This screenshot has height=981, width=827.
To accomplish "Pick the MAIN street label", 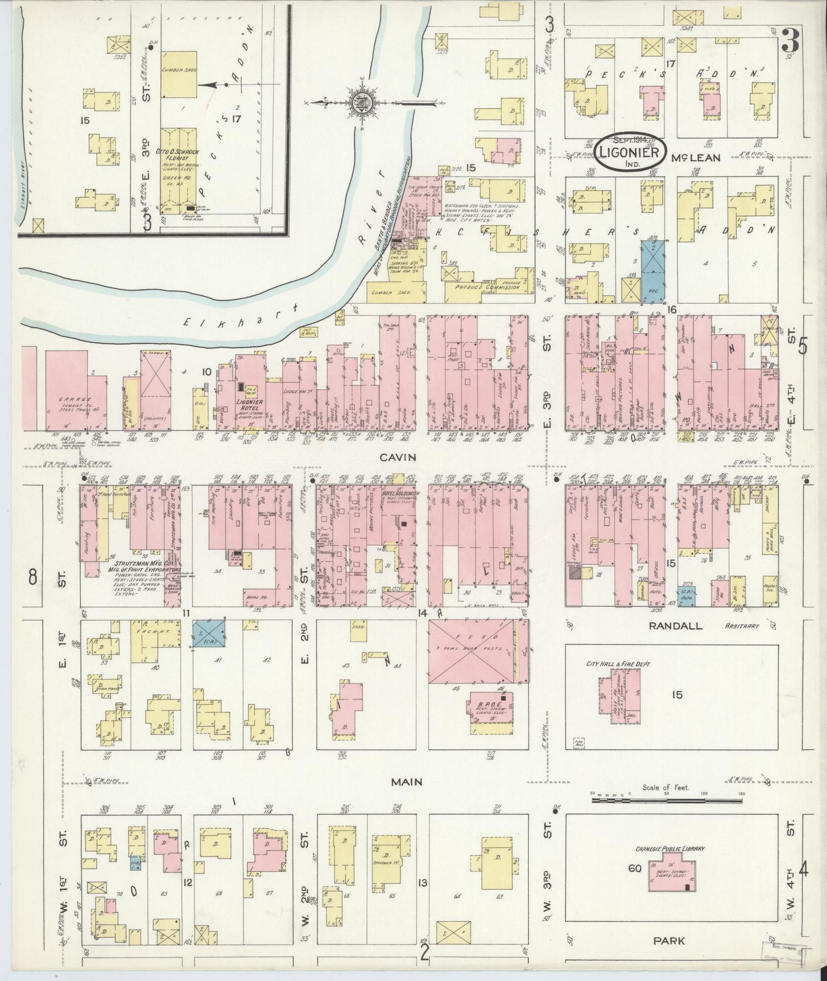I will (407, 781).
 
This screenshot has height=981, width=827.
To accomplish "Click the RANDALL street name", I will (675, 626).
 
